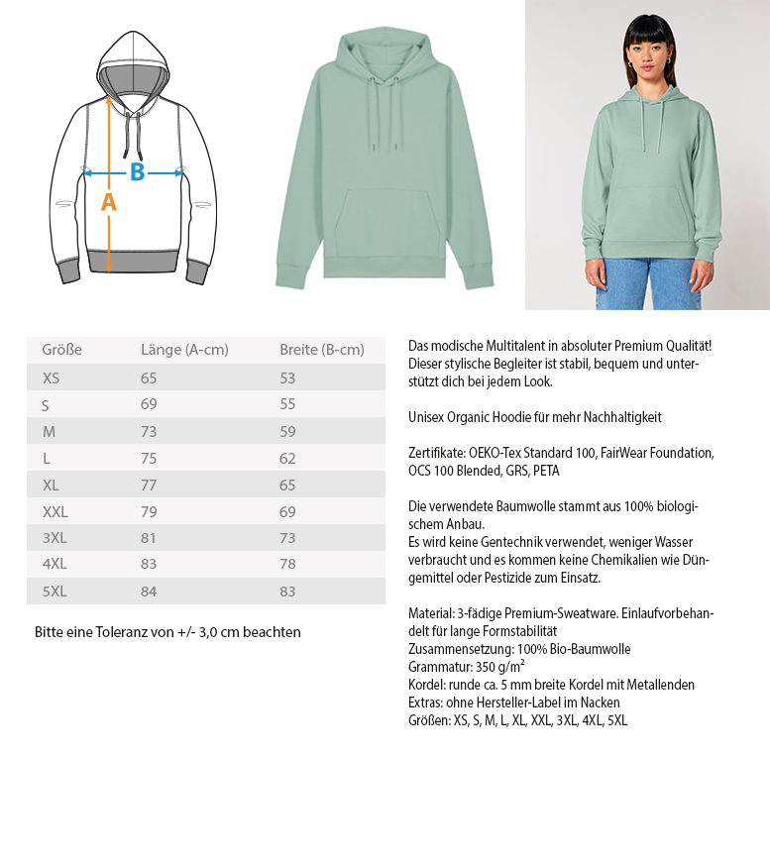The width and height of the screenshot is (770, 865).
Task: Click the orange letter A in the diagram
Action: pos(109,202)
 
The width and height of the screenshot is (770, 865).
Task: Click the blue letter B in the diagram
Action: pos(137,172)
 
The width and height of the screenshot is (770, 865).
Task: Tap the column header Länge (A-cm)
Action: pos(184,350)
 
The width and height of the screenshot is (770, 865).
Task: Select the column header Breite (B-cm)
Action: pos(321,350)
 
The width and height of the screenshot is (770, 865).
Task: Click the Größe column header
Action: pos(61,350)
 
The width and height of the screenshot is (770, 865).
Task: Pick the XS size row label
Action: pos(51,378)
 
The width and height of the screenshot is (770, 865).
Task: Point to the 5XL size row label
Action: pos(55,592)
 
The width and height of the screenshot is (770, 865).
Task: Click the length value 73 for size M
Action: pos(149,431)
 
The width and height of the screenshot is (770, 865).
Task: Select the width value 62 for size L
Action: pos(287,458)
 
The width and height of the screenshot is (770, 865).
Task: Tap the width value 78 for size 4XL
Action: pos(287,565)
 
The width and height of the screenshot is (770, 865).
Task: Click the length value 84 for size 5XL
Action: pos(149,592)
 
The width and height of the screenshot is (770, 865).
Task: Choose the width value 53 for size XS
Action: pos(287,378)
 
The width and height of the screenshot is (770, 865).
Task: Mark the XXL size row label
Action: pos(55,511)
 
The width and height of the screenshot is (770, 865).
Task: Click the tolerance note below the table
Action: pos(167,632)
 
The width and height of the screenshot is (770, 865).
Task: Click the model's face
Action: pos(645,47)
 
